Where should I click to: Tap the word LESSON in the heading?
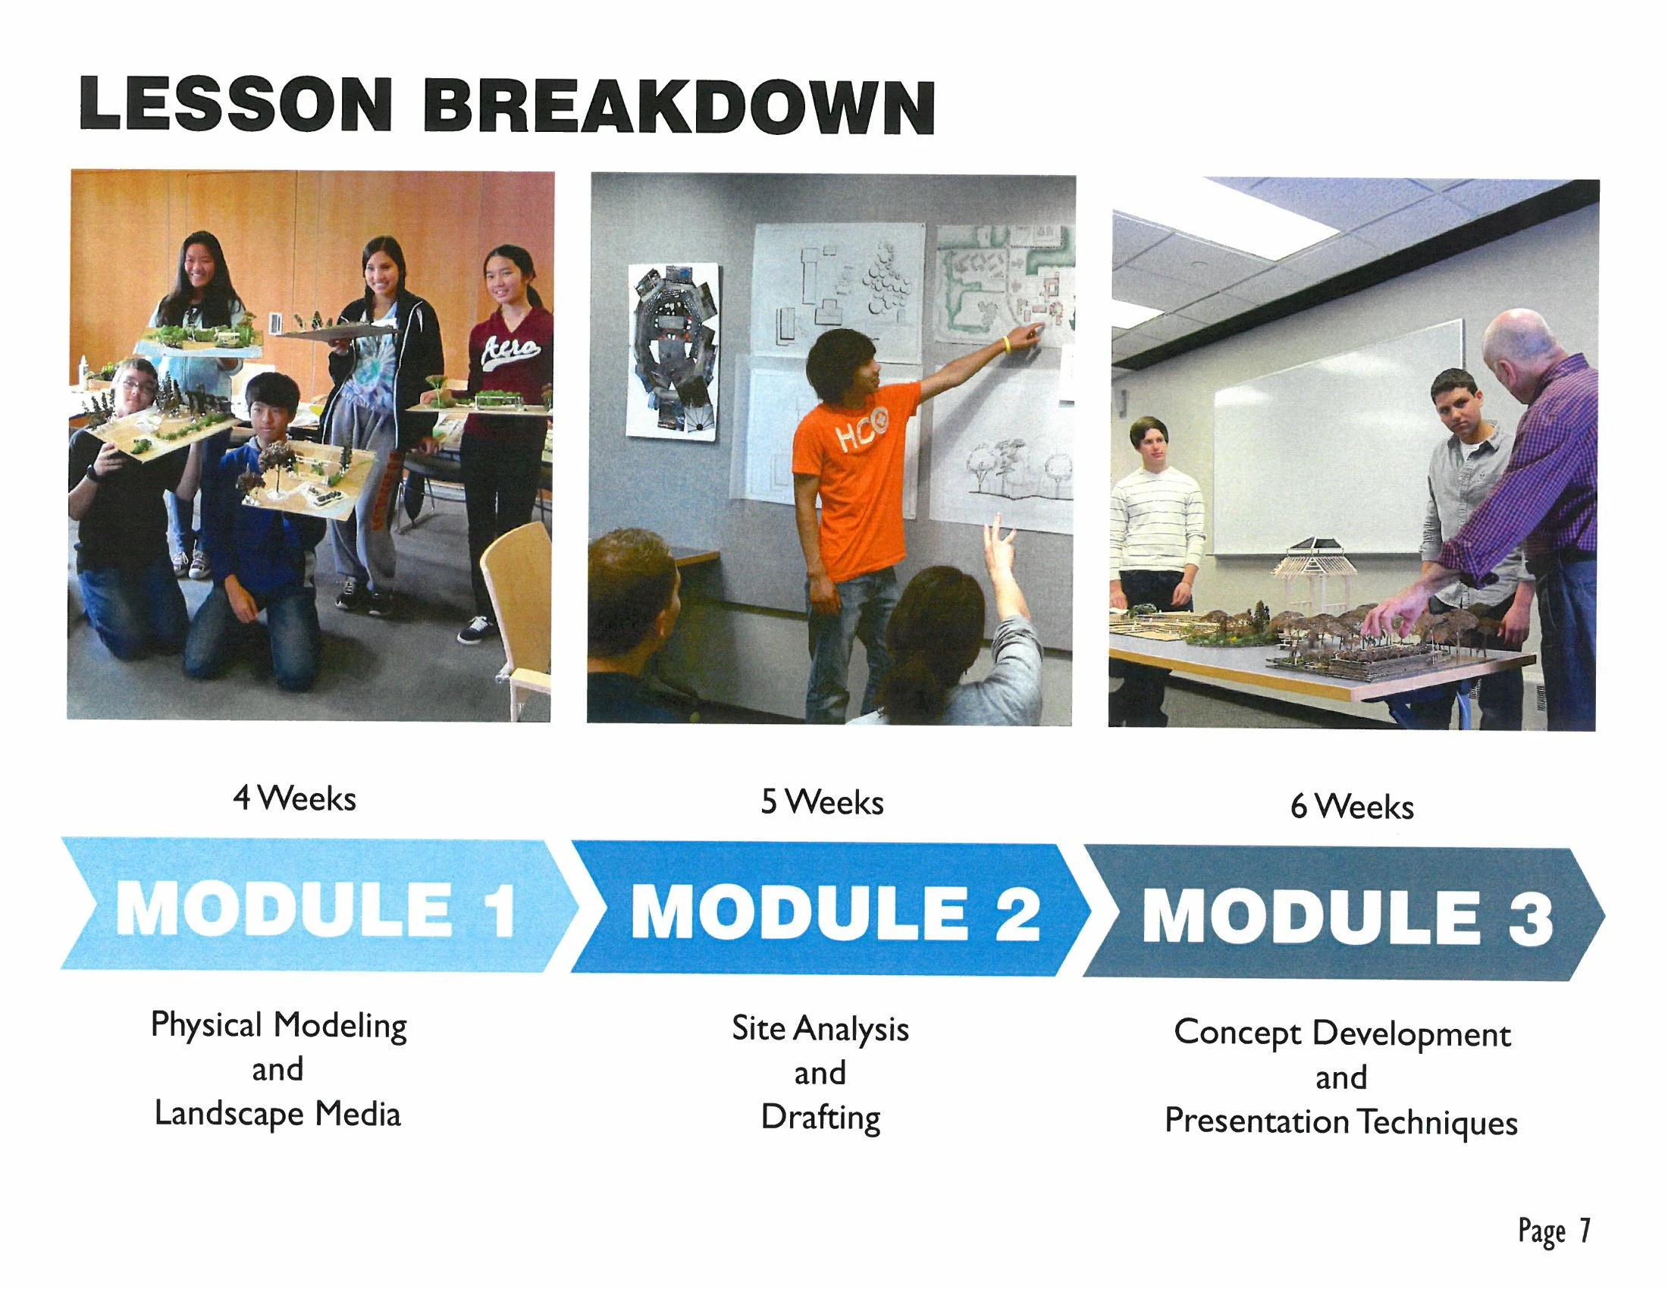click(235, 103)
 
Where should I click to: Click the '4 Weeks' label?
click(295, 798)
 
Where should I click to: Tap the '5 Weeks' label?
click(822, 802)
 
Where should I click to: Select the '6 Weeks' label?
click(1352, 807)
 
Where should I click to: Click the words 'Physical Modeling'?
click(279, 1026)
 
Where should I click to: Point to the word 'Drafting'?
click(821, 1118)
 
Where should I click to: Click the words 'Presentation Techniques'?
click(1341, 1121)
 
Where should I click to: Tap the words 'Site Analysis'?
click(820, 1029)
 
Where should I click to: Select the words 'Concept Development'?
click(1342, 1033)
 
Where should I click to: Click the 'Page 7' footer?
click(1554, 1231)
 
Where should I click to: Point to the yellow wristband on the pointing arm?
click(1008, 344)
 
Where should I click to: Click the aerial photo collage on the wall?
click(673, 349)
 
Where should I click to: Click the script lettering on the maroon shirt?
click(510, 350)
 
